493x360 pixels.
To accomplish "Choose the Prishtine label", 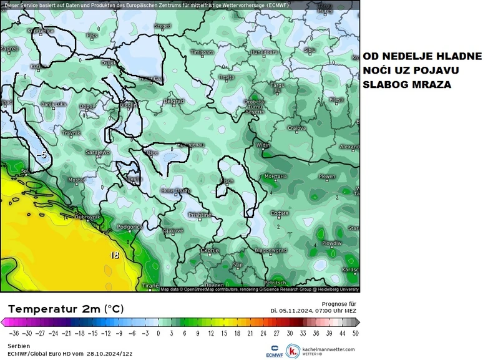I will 200,215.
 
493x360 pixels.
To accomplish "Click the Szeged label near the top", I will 162,26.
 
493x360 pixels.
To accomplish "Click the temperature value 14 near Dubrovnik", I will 65,218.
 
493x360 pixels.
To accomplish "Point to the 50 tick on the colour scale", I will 355,333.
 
